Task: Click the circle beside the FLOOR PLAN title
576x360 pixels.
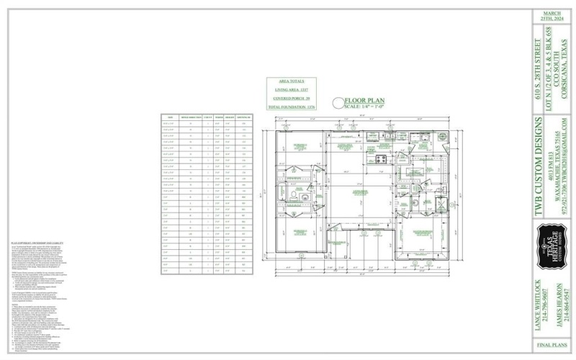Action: pyautogui.click(x=335, y=103)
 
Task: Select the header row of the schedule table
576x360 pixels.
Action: pyautogui.click(x=207, y=117)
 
